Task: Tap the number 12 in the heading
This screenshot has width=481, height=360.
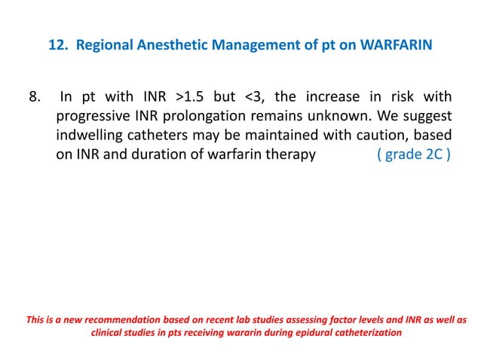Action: pos(57,45)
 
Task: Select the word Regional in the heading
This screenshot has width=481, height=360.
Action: pos(101,45)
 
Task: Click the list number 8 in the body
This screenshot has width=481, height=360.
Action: pos(33,97)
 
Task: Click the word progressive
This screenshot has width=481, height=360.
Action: pos(93,118)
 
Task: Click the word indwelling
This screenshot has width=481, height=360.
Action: pos(90,139)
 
